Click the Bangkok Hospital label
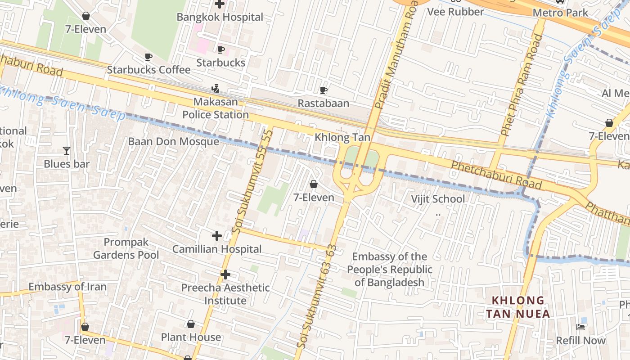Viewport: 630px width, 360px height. [x=220, y=17]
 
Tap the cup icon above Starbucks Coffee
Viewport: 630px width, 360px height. [x=148, y=57]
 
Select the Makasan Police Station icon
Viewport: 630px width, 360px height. [x=216, y=88]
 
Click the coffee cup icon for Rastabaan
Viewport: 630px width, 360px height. [x=323, y=90]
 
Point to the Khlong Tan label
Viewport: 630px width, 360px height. [x=342, y=137]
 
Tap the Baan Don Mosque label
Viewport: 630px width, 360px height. [x=174, y=141]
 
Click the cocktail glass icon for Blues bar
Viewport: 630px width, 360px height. [x=67, y=150]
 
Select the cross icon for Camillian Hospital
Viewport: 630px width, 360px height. [x=217, y=235]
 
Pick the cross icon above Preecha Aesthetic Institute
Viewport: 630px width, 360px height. [x=225, y=274]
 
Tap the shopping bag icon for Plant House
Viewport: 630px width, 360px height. [x=191, y=324]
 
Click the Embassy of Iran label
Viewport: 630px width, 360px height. [x=67, y=287]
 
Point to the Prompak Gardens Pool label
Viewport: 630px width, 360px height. [x=126, y=248]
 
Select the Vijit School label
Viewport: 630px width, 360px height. [x=438, y=199]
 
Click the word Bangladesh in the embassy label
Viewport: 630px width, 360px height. [x=389, y=282]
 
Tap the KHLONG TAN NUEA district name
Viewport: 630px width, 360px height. [x=518, y=307]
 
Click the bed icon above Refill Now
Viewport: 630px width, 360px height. [x=580, y=327]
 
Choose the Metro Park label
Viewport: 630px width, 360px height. [x=560, y=13]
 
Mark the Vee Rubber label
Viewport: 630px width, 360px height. [x=455, y=12]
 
